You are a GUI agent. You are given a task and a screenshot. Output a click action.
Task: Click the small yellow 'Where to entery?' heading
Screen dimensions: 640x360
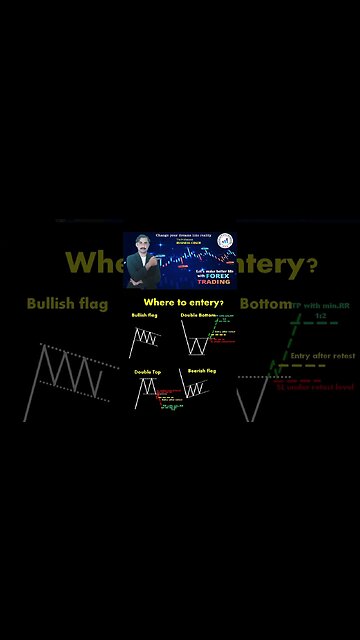pyautogui.click(x=184, y=301)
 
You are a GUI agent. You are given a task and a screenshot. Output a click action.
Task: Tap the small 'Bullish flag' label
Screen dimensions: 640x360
pyautogui.click(x=145, y=315)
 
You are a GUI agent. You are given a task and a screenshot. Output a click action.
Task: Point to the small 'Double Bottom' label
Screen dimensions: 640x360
pyautogui.click(x=198, y=315)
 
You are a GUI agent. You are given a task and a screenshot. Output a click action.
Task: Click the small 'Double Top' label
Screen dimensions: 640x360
pyautogui.click(x=147, y=371)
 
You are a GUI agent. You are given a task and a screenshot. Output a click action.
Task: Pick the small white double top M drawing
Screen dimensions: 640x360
pyautogui.click(x=146, y=392)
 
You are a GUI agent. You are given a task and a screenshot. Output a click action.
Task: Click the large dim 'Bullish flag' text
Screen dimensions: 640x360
pyautogui.click(x=67, y=302)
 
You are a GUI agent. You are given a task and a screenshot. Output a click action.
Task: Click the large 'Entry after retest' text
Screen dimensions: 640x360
pyautogui.click(x=322, y=354)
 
